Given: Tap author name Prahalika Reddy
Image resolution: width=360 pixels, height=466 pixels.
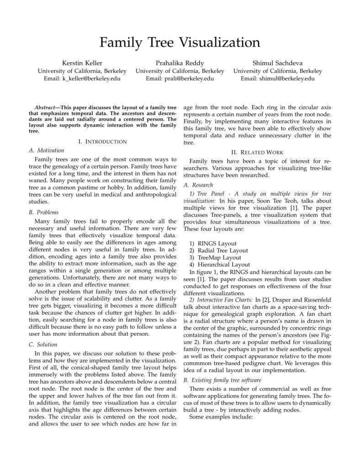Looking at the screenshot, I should click(180, 63).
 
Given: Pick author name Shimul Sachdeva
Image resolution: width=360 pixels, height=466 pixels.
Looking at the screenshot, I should click(277, 63).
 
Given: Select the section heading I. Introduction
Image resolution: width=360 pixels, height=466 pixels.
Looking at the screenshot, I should click(102, 142).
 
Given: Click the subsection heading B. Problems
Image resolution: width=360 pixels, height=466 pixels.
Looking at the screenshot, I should click(44, 212).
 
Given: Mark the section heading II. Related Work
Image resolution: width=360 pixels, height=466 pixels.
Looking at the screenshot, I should click(257, 152).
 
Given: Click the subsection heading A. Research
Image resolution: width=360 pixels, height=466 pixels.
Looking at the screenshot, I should click(198, 185).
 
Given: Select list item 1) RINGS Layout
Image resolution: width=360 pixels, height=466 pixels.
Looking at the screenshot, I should click(213, 244).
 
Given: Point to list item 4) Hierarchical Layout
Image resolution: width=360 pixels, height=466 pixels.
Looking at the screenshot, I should click(220, 265).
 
